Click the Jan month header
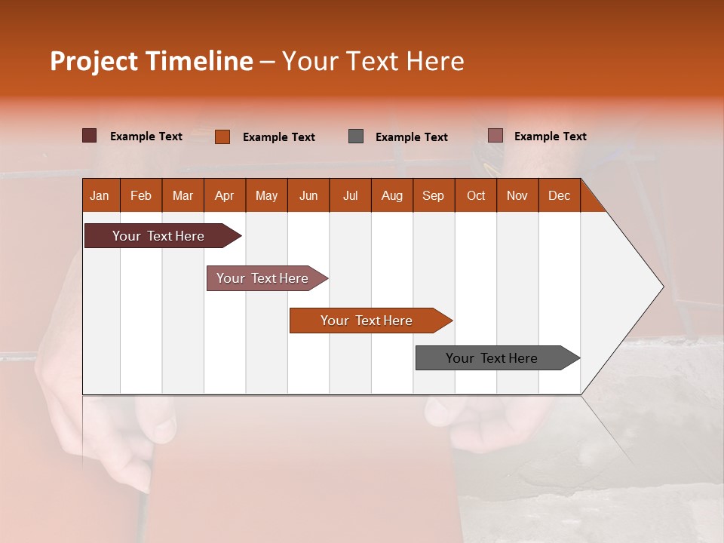(100, 195)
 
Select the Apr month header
(224, 195)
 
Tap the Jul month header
(350, 195)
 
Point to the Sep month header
(433, 195)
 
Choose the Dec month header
(559, 195)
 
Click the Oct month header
(475, 195)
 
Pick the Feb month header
(141, 195)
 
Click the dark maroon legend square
(89, 136)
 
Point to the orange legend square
(222, 137)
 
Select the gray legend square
(356, 136)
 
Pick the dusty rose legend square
(495, 136)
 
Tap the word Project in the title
(94, 61)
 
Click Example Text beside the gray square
(411, 137)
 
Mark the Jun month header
(308, 195)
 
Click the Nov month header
(517, 195)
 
